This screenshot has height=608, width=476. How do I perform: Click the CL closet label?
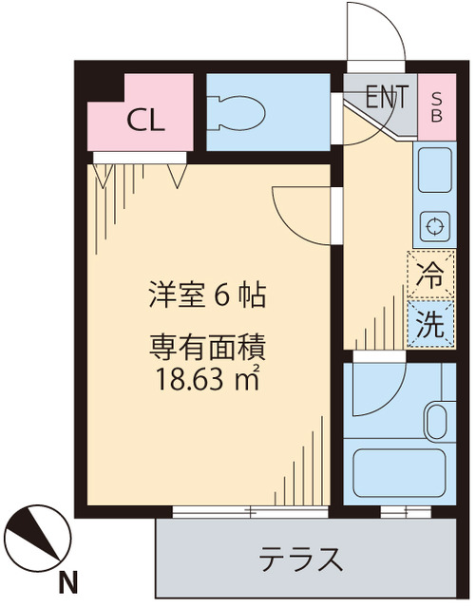point(146,121)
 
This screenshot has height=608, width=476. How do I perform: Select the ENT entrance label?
point(388,96)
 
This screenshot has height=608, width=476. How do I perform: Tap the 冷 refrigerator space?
point(430,276)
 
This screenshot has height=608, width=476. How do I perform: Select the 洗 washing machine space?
point(430,325)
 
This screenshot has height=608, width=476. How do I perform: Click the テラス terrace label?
point(301,560)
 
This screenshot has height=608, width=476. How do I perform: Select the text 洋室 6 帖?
point(205,296)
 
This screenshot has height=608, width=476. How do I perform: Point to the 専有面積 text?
point(205,348)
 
